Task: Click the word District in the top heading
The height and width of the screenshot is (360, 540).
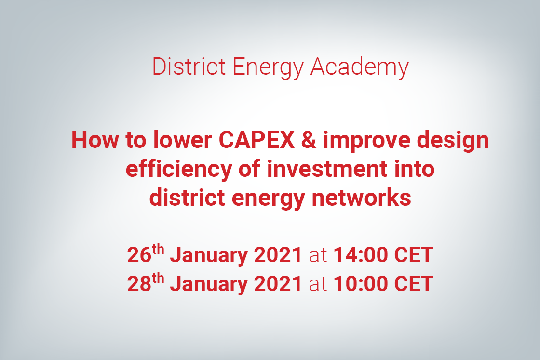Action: pyautogui.click(x=189, y=67)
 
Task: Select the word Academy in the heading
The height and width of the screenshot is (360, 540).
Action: pyautogui.click(x=360, y=68)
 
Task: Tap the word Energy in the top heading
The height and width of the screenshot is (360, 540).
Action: pyautogui.click(x=268, y=68)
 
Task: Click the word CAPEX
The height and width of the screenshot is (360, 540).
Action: pyautogui.click(x=256, y=140)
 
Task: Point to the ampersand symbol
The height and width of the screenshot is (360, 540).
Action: pyautogui.click(x=309, y=140)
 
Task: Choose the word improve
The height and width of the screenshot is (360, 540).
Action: pyautogui.click(x=366, y=141)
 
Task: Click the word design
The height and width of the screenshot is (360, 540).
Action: pyautogui.click(x=453, y=141)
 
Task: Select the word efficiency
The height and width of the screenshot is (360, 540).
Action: pyautogui.click(x=179, y=170)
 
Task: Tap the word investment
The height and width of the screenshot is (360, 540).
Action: pyautogui.click(x=327, y=169)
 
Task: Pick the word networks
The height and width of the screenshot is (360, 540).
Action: pyautogui.click(x=361, y=198)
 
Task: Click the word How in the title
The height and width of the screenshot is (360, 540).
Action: pyautogui.click(x=94, y=140)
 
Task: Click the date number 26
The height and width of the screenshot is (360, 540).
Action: pyautogui.click(x=139, y=255)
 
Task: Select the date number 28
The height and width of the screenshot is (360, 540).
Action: pyautogui.click(x=139, y=284)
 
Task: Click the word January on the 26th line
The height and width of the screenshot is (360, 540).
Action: pyautogui.click(x=209, y=256)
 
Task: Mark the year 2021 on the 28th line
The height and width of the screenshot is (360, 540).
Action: pyautogui.click(x=278, y=284)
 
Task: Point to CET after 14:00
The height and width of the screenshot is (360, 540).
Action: pyautogui.click(x=414, y=255)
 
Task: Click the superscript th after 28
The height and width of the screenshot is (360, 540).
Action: pyautogui.click(x=158, y=278)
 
